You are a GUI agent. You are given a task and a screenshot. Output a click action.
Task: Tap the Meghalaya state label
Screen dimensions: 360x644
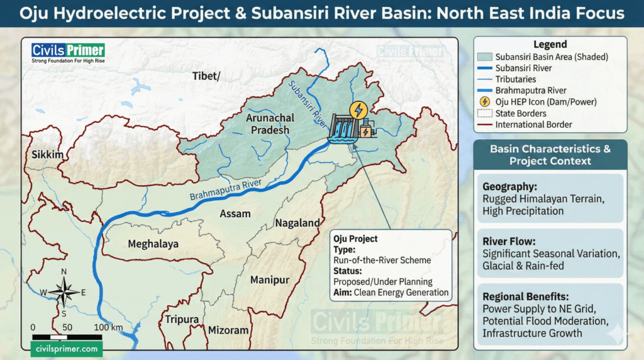tap(153, 244)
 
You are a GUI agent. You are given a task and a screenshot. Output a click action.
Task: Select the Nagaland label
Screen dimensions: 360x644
tap(297, 223)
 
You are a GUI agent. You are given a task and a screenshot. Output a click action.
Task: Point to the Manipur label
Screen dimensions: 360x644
tap(269, 279)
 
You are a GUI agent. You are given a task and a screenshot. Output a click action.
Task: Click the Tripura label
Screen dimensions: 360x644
tap(182, 319)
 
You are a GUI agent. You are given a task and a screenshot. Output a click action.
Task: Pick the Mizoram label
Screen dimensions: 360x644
tap(228, 330)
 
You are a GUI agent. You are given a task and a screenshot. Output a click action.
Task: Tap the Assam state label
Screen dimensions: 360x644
tap(235, 214)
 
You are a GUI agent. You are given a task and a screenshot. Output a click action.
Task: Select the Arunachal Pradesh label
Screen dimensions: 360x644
tap(267, 124)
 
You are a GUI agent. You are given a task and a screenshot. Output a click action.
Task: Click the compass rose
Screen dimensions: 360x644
tap(64, 291)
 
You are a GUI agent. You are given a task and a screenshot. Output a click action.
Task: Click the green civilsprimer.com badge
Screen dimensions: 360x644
tap(66, 349)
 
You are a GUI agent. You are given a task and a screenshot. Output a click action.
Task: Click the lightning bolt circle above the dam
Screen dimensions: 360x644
tap(359, 110)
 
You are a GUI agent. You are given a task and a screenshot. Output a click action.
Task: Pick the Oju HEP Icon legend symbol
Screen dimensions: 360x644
tap(485, 102)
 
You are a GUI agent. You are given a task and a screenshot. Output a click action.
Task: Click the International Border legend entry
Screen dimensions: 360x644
tap(533, 125)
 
